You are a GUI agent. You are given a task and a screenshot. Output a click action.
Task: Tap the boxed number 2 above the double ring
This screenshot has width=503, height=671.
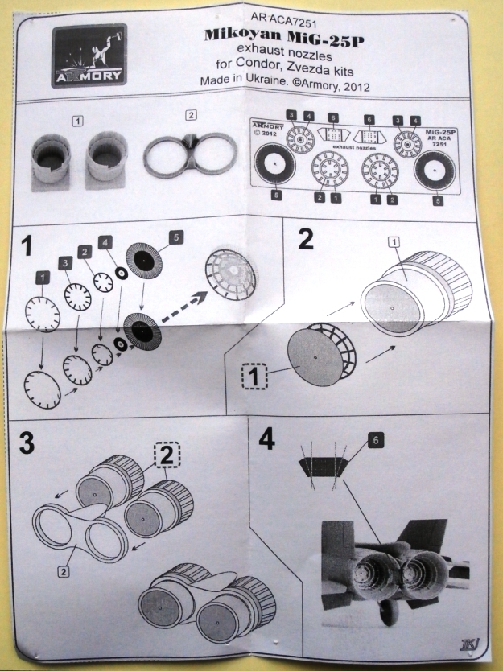point(190,114)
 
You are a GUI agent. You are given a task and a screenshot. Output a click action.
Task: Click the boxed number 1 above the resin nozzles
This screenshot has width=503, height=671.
point(77,121)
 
